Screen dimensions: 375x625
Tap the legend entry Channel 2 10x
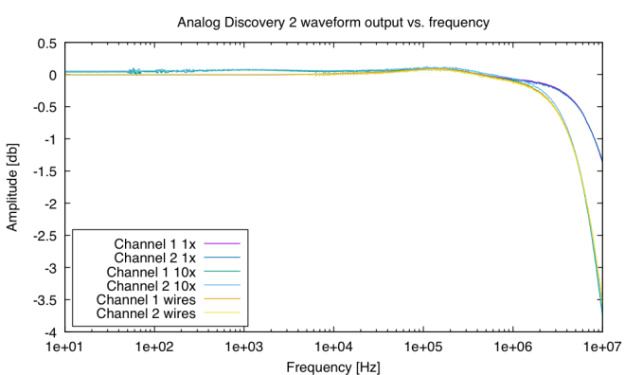click(x=152, y=285)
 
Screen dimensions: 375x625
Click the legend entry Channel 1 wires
click(x=148, y=299)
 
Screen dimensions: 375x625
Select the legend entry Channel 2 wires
click(x=148, y=313)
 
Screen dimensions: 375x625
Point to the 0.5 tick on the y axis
click(x=46, y=44)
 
